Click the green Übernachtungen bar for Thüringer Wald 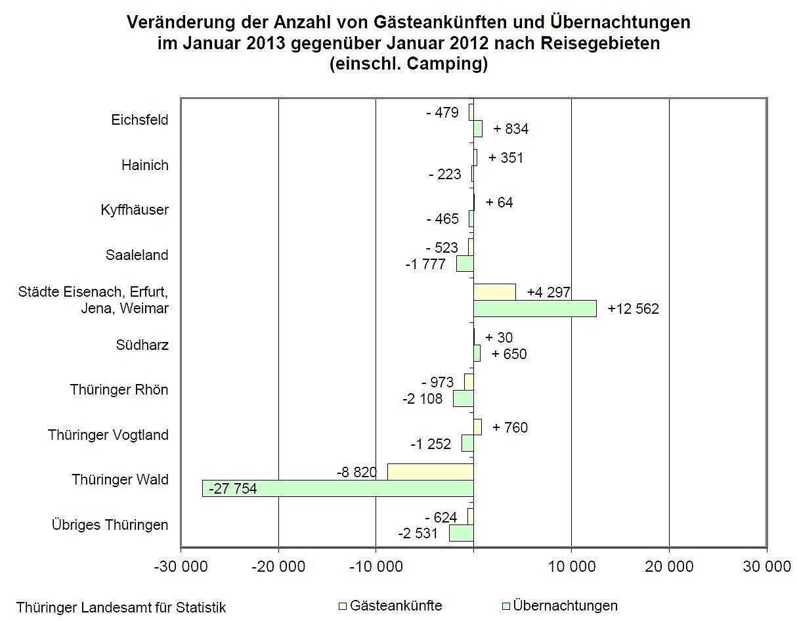point(337,488)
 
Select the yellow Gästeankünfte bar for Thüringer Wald point(430,471)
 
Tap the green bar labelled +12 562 point(534,309)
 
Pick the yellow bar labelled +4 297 point(494,292)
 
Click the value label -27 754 point(233,489)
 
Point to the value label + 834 point(511,129)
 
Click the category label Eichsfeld point(140,120)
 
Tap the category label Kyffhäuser point(135,210)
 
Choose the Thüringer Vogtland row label point(108,435)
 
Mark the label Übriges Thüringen point(110,525)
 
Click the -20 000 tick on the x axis point(278,566)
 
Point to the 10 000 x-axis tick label point(571,566)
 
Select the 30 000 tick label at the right point(765,566)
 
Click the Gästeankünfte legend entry point(395,605)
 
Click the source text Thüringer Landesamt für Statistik point(121,607)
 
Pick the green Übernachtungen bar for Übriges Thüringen point(461,533)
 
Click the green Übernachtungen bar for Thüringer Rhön point(463,398)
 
